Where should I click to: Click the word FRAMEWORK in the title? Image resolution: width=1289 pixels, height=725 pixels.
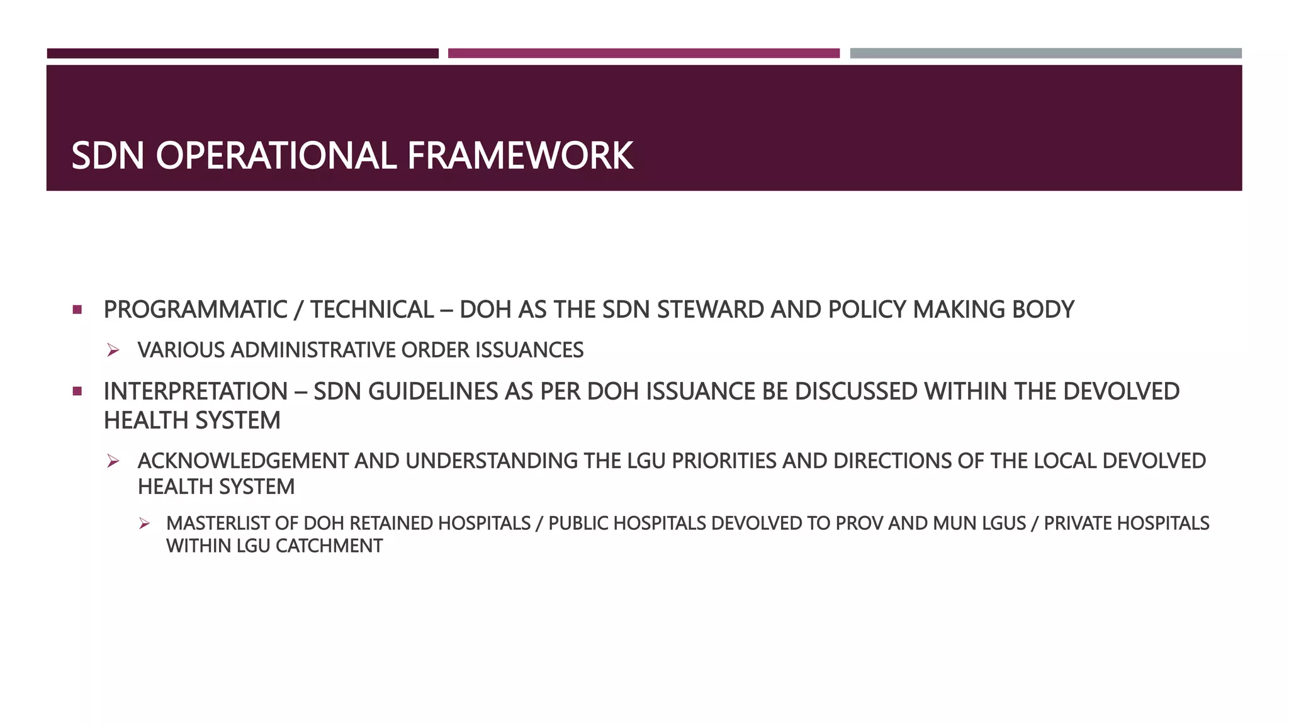(x=520, y=155)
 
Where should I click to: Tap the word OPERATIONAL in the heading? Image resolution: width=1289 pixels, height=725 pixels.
(x=276, y=155)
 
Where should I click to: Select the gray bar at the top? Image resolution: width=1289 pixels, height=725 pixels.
(x=1045, y=53)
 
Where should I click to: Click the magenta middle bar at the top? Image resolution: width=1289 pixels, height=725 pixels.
(x=643, y=53)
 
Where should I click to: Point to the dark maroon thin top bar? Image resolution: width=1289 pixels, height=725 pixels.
(x=242, y=53)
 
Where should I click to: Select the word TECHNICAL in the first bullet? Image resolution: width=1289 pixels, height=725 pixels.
(x=371, y=310)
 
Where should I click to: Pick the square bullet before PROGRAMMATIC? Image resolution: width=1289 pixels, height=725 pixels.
(x=77, y=310)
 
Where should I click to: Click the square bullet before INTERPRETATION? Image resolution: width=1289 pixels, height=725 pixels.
(x=77, y=391)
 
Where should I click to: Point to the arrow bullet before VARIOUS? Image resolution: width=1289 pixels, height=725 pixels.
(x=113, y=351)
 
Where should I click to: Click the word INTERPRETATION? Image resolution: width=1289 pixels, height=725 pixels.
(x=195, y=391)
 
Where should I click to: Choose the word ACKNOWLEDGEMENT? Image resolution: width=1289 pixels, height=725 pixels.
(x=243, y=461)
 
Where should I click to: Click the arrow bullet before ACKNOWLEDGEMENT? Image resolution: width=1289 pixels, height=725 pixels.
(x=113, y=461)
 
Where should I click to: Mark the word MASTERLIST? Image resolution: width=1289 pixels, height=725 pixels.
(x=232, y=524)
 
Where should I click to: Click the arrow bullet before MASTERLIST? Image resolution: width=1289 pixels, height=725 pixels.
(x=144, y=524)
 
